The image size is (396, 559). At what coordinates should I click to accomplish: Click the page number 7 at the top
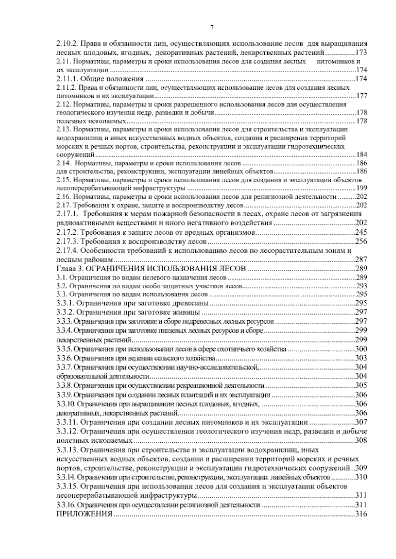coord(211,28)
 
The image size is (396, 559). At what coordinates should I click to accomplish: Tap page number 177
coord(362,96)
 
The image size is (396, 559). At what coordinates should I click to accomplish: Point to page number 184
coord(362,155)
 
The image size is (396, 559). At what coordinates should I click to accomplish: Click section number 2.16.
coord(63,197)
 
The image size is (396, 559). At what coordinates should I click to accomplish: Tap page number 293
coord(362,286)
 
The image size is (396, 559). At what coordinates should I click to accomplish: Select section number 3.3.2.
coord(66,312)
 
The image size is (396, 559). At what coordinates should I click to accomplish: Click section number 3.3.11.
coord(67,422)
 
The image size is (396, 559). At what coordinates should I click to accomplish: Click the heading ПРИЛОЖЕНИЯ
coord(84,514)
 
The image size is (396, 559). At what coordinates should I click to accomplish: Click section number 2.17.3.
coord(67,242)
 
